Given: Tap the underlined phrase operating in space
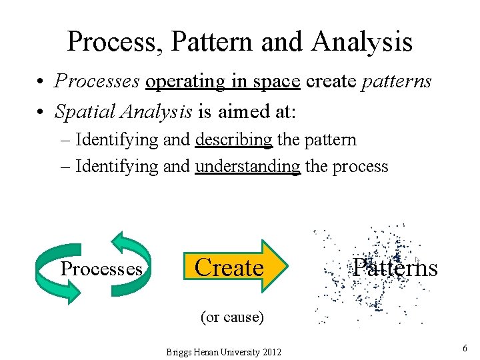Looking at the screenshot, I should pos(223,82).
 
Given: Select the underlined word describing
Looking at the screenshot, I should pos(234,140).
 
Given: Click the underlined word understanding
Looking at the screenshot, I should pos(248,166).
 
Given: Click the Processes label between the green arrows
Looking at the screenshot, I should pos(101,269).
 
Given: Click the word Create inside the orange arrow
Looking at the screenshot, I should pos(229,267).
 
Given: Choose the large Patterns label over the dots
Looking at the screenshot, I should pos(395,267).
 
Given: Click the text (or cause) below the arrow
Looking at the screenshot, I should pos(232,317).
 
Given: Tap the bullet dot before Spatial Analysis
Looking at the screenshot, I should pos(41,112).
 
